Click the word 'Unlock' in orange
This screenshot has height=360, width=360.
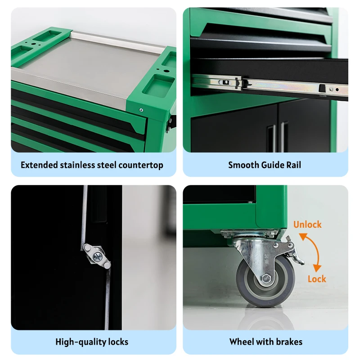tap(307, 224)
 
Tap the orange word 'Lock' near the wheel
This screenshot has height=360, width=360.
tap(317, 279)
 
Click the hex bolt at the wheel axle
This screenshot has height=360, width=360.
tap(266, 279)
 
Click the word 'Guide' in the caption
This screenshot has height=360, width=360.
tap(273, 165)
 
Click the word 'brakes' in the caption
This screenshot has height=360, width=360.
tap(289, 342)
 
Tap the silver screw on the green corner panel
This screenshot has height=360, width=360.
tap(141, 110)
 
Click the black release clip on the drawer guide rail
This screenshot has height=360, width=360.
tap(322, 88)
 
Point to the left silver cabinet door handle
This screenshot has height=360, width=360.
tap(271, 138)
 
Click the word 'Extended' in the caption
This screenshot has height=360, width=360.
tap(39, 165)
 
